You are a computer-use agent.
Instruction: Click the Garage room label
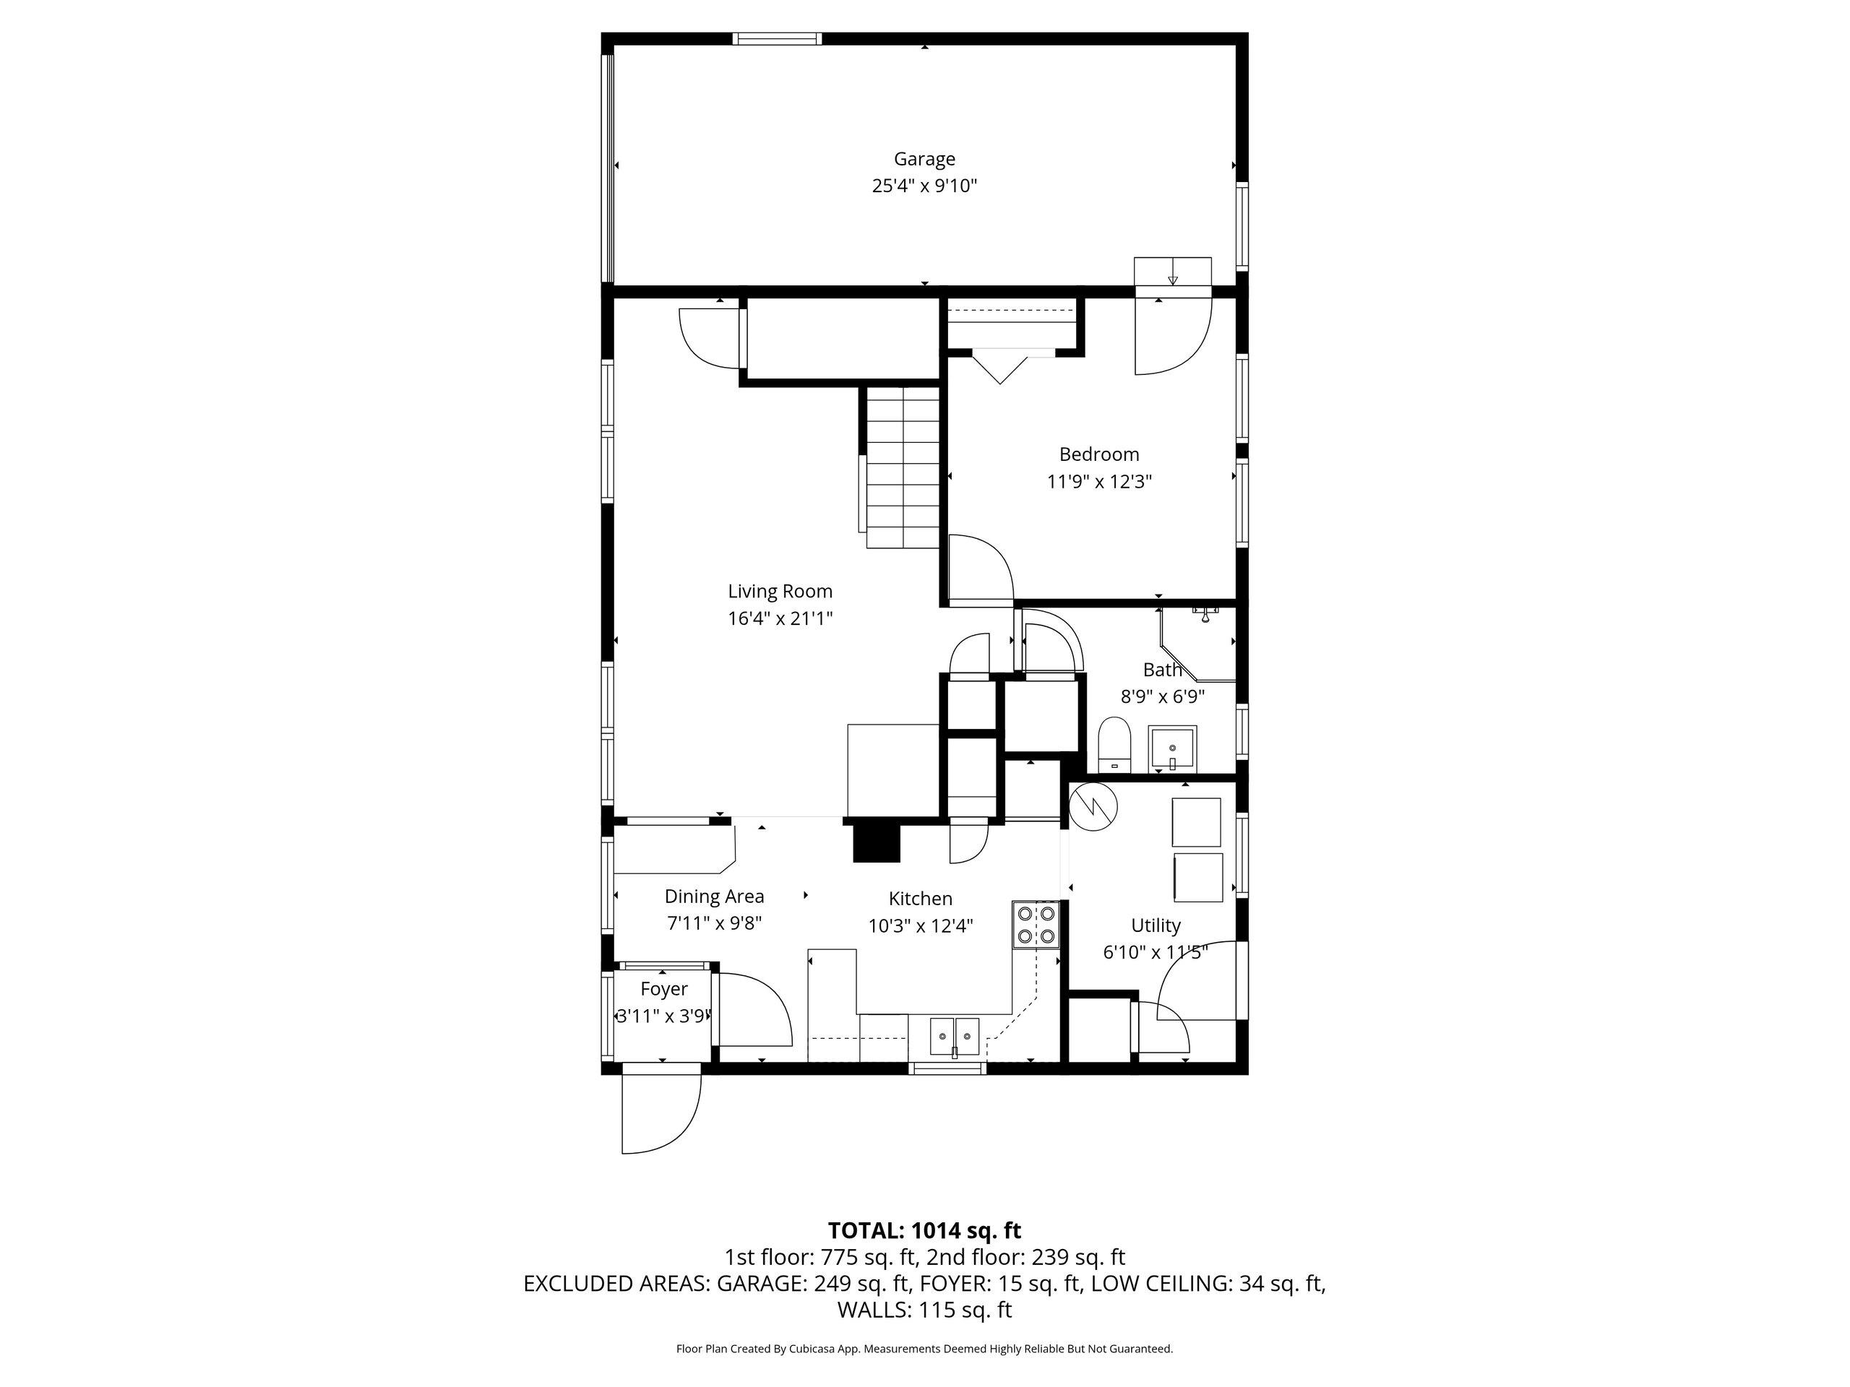[924, 159]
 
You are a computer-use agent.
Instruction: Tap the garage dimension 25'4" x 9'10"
[924, 186]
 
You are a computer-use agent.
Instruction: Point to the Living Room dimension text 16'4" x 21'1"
[780, 618]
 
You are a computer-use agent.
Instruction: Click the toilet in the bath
[1114, 744]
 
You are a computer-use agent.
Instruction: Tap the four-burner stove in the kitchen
[1036, 925]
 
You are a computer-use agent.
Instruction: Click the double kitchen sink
[955, 1037]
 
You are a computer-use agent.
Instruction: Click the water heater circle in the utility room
[1093, 807]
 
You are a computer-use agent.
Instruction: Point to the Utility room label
[1156, 925]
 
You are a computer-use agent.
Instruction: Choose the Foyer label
[664, 989]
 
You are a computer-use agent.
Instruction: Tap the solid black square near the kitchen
[877, 843]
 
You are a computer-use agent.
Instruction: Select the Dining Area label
[714, 896]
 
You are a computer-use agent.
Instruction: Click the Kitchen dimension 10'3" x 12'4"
[921, 925]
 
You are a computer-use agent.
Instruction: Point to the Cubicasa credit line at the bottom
[924, 1349]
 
